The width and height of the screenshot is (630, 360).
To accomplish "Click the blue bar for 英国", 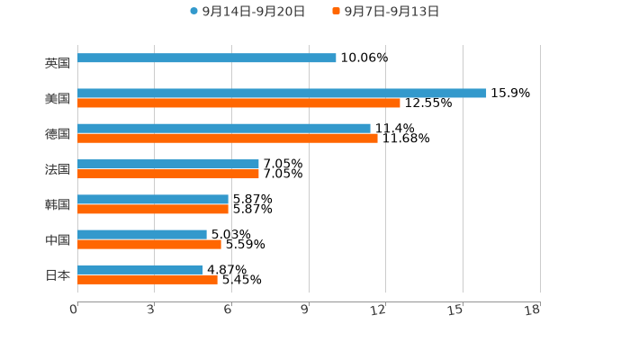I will (x=207, y=58).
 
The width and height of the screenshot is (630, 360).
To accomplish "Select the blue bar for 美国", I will (x=282, y=94).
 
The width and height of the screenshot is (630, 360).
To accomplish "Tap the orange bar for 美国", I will (x=238, y=103).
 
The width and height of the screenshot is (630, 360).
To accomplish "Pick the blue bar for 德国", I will (x=224, y=129).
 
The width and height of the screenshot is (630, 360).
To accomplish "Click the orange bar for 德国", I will (x=228, y=139).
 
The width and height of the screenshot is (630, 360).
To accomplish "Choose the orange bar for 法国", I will (x=168, y=174).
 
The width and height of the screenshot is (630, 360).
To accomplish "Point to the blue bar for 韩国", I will (x=153, y=199).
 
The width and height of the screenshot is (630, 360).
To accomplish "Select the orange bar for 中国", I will (x=149, y=244).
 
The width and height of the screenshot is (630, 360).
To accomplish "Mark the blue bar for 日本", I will (x=140, y=269).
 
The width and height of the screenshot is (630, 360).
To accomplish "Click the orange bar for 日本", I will (x=148, y=280).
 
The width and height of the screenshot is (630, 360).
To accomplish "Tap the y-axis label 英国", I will (x=58, y=63).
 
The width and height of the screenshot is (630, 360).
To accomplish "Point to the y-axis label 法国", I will (x=58, y=169).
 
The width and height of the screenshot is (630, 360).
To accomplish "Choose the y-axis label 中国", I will (x=58, y=239).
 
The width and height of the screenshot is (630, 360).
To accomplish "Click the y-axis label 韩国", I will (x=58, y=204).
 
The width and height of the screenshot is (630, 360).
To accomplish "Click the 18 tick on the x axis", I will (x=533, y=310).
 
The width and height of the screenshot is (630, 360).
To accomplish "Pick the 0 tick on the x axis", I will (x=74, y=310).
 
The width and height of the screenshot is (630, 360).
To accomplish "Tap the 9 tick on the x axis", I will (x=306, y=310).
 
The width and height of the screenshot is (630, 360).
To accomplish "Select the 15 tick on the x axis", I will (x=456, y=310).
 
